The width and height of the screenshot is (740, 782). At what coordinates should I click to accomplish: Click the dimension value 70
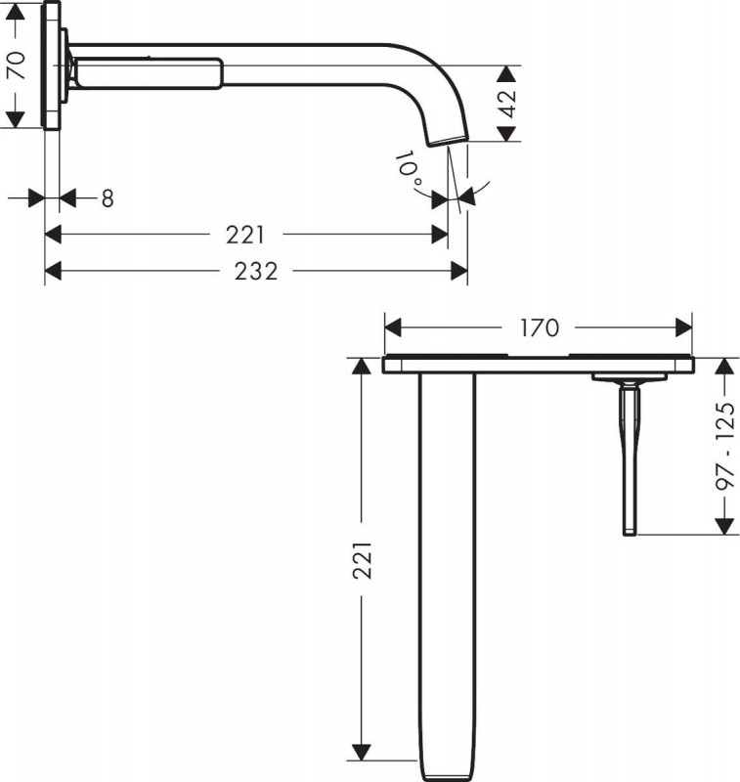pyautogui.click(x=17, y=65)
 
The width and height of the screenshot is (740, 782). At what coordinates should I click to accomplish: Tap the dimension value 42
pyautogui.click(x=507, y=104)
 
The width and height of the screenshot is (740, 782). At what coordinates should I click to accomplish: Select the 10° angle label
pyautogui.click(x=409, y=168)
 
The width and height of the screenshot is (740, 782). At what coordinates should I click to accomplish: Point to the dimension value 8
pyautogui.click(x=108, y=198)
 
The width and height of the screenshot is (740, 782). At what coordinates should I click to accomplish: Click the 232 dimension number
pyautogui.click(x=256, y=272)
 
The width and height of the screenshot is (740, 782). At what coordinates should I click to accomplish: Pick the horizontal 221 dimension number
pyautogui.click(x=245, y=235)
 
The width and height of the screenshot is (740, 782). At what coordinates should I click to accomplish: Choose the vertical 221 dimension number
pyautogui.click(x=363, y=560)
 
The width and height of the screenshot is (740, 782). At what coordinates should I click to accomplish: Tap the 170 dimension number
pyautogui.click(x=540, y=328)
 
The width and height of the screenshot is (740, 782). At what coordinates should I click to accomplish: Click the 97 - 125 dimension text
pyautogui.click(x=725, y=446)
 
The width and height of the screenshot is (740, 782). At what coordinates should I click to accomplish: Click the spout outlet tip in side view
pyautogui.click(x=449, y=141)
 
